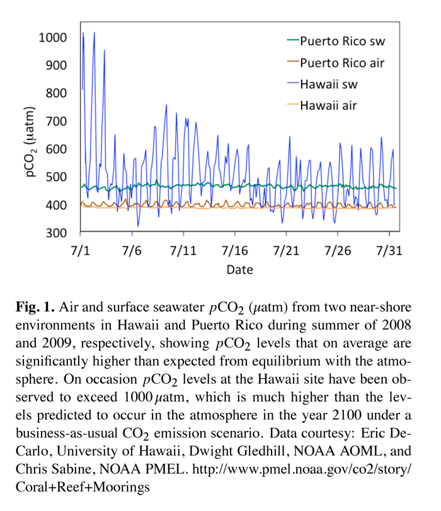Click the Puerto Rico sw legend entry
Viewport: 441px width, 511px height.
(342, 42)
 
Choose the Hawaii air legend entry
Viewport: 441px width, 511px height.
(328, 105)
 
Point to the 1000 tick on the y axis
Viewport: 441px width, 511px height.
(52, 38)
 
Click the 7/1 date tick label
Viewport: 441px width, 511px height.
(81, 251)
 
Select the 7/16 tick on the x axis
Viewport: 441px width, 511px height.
(234, 251)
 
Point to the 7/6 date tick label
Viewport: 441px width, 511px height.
(132, 251)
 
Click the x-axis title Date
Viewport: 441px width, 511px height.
(239, 270)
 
